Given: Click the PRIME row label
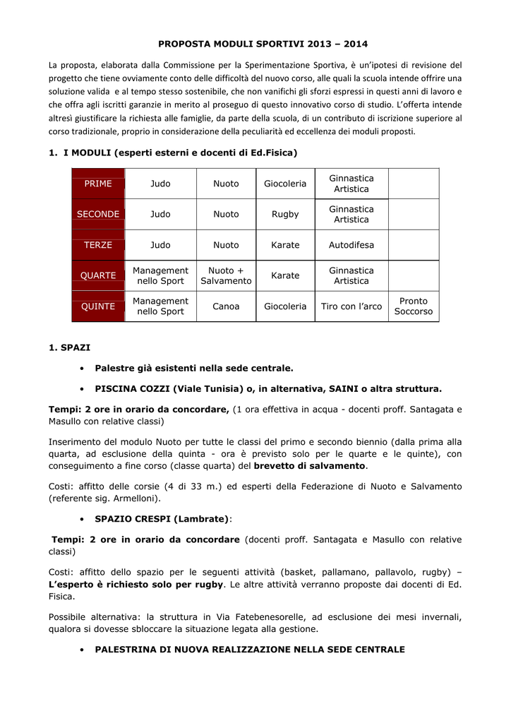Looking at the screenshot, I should click(98, 184).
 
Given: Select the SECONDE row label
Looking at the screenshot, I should click(98, 214).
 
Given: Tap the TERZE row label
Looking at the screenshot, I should click(98, 245).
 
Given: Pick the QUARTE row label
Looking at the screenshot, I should click(98, 275).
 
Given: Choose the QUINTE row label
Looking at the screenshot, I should click(98, 306).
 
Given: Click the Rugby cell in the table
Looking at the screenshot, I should click(285, 214).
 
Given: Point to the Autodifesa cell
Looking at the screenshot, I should click(351, 245).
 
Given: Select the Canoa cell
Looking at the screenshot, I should click(226, 306).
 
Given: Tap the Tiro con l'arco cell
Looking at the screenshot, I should click(351, 306).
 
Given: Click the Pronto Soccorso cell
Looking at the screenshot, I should click(414, 306).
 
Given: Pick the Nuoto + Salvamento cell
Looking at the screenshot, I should click(226, 275).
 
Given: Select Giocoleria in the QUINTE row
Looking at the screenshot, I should click(285, 306).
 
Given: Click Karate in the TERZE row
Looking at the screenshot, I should click(285, 245).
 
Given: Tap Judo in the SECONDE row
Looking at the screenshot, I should click(160, 214).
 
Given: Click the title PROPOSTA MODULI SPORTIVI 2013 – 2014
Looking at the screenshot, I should click(263, 44).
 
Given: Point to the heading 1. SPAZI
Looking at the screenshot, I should click(70, 347).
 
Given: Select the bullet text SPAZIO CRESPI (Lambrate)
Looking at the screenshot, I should click(162, 519).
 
